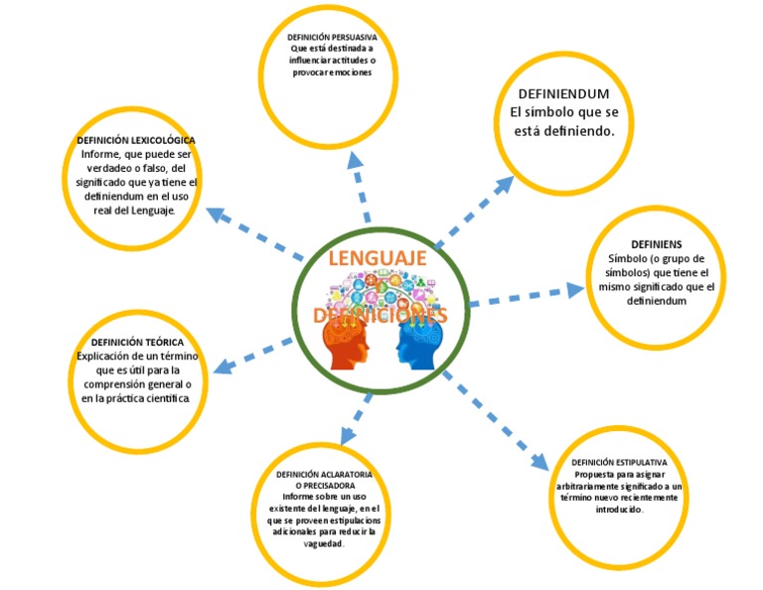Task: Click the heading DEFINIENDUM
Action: pos(563,93)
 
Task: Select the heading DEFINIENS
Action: pos(656,243)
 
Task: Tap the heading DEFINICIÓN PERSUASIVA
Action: pos(332,37)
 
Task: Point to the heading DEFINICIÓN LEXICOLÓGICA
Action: pos(136,140)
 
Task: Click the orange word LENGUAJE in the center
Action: pos(378,259)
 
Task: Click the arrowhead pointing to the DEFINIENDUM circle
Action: pos(505,186)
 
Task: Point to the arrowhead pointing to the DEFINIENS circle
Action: pos(575,289)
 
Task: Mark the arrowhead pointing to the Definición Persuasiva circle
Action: pos(354,161)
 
